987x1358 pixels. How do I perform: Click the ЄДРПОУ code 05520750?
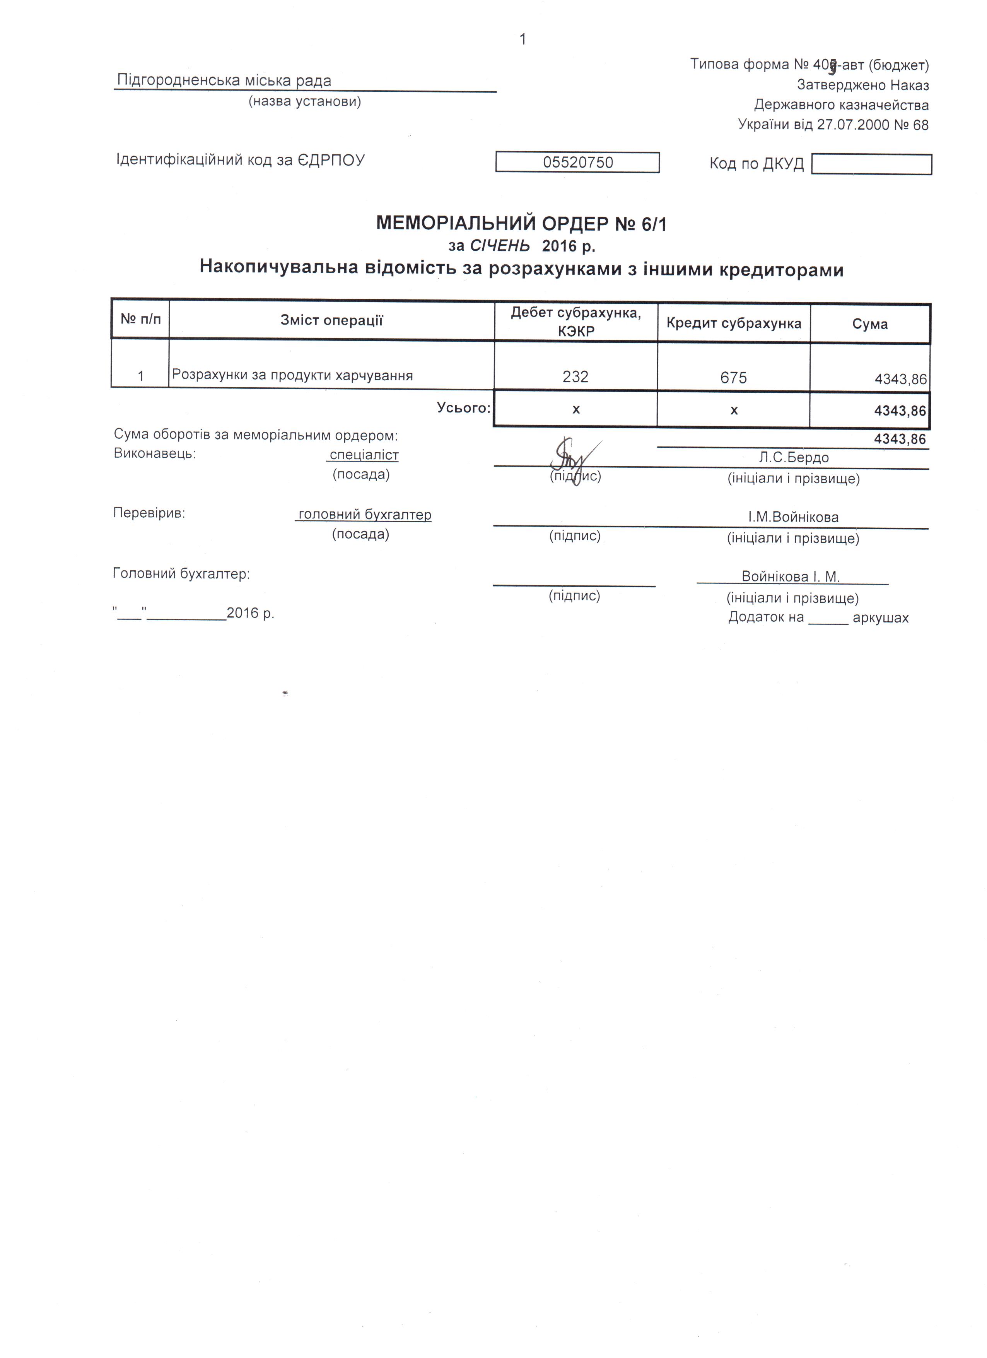pyautogui.click(x=577, y=162)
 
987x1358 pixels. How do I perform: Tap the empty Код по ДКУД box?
pyautogui.click(x=871, y=164)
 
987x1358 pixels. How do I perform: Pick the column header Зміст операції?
pyautogui.click(x=331, y=320)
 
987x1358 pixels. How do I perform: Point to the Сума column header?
pyautogui.click(x=870, y=324)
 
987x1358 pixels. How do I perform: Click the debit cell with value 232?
pyautogui.click(x=575, y=376)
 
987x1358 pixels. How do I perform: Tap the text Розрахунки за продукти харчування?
pyautogui.click(x=293, y=375)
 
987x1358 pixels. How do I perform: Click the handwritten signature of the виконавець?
pyautogui.click(x=572, y=460)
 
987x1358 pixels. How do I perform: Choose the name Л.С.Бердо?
pyautogui.click(x=794, y=457)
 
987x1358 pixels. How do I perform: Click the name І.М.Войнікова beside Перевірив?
pyautogui.click(x=793, y=517)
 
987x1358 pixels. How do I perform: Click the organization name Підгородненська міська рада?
pyautogui.click(x=224, y=80)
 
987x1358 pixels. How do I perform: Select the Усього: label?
pyautogui.click(x=464, y=408)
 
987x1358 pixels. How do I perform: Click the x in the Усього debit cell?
pyautogui.click(x=576, y=410)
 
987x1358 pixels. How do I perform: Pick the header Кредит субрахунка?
pyautogui.click(x=734, y=323)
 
